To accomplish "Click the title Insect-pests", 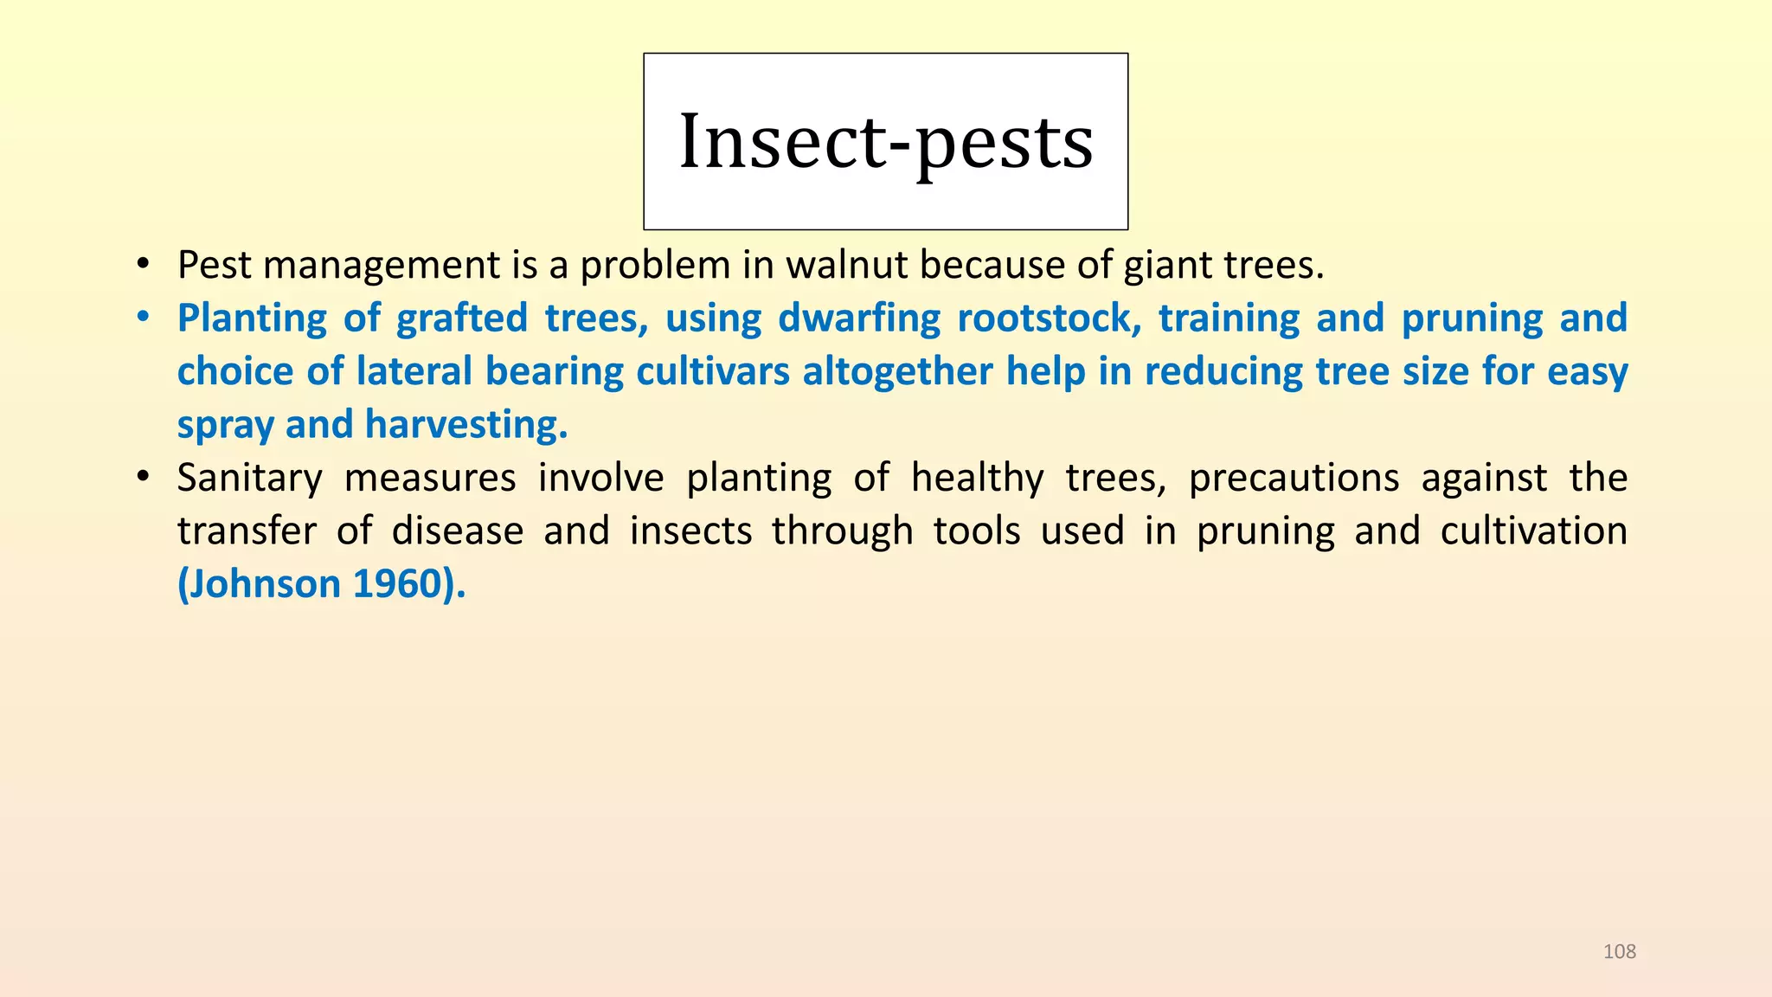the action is click(886, 142).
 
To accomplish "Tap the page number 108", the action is click(1620, 952).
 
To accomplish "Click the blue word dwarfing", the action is click(858, 318).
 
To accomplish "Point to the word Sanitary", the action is click(249, 479).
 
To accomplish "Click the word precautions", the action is click(1294, 479).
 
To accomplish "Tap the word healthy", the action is click(977, 479).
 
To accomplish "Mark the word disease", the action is click(458, 531).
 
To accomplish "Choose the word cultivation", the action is click(1533, 531).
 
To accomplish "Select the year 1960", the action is click(398, 585).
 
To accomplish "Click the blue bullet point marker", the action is click(143, 318).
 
